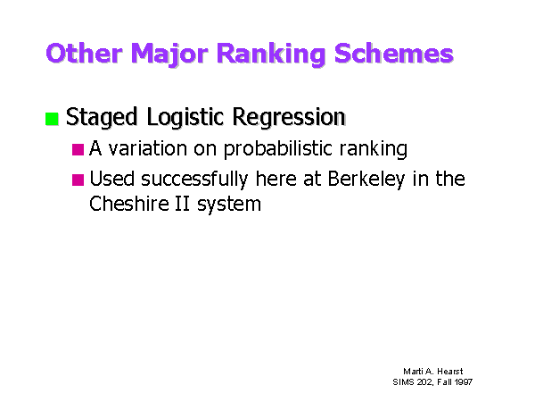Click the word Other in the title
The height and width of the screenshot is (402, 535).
coord(85,54)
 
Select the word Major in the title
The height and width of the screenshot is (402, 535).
coord(169,54)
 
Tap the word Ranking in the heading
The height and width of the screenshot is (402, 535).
coord(271,54)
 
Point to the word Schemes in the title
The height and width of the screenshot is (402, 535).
coord(394,54)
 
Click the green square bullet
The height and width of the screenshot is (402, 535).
coord(52,119)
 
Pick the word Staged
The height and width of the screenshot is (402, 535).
coord(102,118)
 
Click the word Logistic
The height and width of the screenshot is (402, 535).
coord(185,118)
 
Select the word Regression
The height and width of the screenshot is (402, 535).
coord(289,118)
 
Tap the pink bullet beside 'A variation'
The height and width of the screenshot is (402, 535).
coord(78,149)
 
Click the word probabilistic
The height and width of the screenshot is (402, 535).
coord(277,149)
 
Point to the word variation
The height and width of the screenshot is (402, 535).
coord(148,148)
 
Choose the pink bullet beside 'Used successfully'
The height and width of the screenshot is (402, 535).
coord(78,180)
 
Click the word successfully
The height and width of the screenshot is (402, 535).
coord(194,180)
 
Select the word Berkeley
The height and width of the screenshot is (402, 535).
coord(366,180)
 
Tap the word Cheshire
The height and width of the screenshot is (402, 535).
coord(129,204)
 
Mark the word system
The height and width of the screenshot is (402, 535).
coord(229,205)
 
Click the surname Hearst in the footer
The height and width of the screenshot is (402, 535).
coord(450,372)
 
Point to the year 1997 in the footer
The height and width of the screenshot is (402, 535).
coord(464,381)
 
